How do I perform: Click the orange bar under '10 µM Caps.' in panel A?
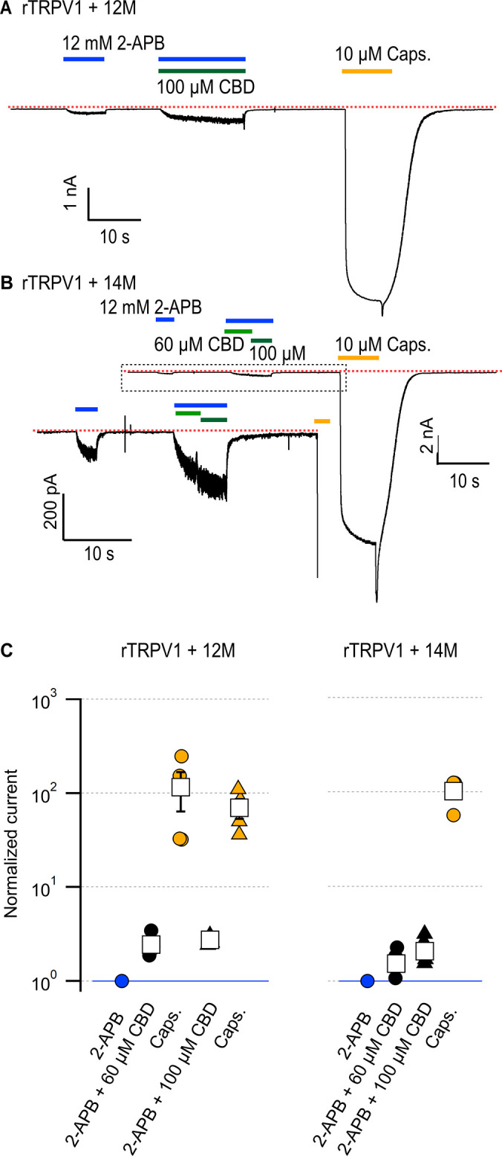point(366,71)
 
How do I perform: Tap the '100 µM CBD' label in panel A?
point(205,86)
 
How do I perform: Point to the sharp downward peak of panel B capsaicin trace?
point(377,600)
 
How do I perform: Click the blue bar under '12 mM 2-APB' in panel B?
point(165,319)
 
